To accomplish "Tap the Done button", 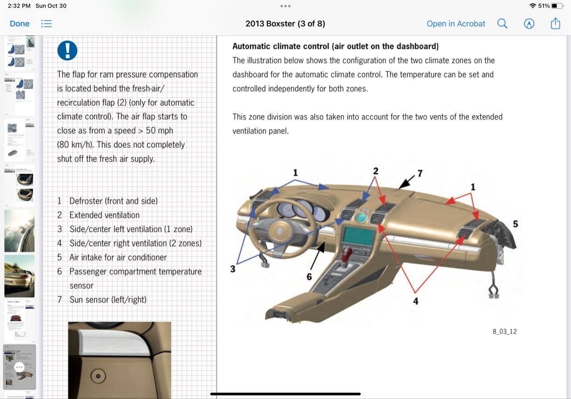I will (x=20, y=24).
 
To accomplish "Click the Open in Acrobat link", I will (x=455, y=24).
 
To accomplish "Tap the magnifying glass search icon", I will (x=502, y=24).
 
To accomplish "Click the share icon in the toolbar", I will (x=555, y=24).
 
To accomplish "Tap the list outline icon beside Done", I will (x=46, y=24).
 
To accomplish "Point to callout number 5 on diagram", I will (x=515, y=224).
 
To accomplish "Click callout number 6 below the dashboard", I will (x=309, y=277).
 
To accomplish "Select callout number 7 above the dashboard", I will (x=419, y=173).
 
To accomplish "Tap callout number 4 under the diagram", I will (x=415, y=301).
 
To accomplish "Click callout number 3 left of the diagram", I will (x=232, y=269).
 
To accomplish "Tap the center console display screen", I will (x=358, y=237).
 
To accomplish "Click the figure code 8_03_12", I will (x=505, y=332).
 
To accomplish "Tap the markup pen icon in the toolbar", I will (x=529, y=24).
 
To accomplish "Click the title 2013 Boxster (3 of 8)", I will (x=285, y=24).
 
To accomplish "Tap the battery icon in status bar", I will (x=557, y=6).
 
